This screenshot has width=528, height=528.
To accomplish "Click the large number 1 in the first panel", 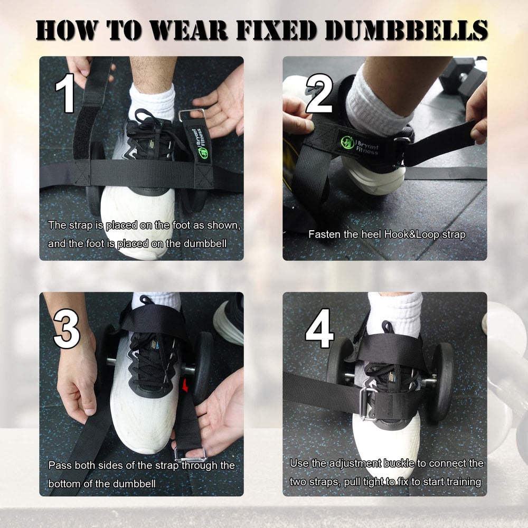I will coord(65,93).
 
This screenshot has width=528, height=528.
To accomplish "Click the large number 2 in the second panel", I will coord(319,93).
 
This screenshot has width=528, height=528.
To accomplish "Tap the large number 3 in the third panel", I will coord(67,329).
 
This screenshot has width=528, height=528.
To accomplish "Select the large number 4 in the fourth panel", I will coord(320,329).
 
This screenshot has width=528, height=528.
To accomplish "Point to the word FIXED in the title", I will coord(279,30).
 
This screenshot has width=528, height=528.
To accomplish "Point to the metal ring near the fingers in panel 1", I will coord(191,115).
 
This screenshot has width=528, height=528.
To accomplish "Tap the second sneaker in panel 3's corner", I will coord(229,319).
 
